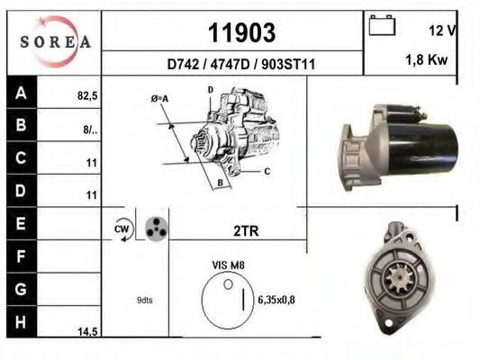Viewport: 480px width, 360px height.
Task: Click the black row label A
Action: (20, 92)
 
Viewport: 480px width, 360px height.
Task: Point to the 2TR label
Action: (246, 231)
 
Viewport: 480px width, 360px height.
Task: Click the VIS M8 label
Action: (229, 266)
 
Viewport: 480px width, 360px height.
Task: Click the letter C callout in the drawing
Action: (267, 170)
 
